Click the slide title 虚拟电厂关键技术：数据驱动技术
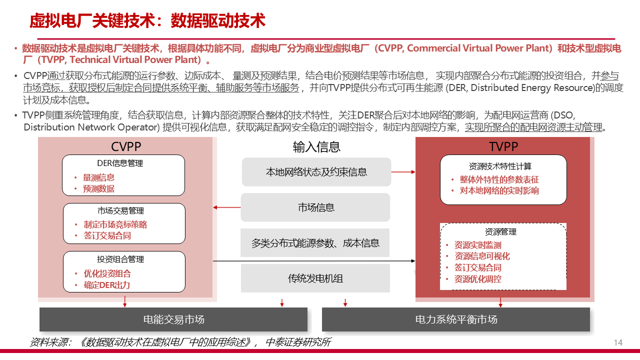(147, 21)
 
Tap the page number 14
(618, 342)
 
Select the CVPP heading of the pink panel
(126, 146)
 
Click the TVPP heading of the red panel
(503, 146)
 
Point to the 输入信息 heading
(316, 146)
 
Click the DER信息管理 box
(123, 175)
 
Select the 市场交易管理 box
(124, 223)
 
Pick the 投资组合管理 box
(124, 271)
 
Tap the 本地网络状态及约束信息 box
(316, 172)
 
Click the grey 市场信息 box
(315, 207)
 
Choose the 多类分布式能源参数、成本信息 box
(315, 243)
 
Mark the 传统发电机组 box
(315, 278)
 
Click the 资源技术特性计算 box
(503, 179)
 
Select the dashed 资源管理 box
(503, 256)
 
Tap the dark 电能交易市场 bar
(173, 319)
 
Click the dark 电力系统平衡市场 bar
(456, 319)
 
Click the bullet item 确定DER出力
(106, 285)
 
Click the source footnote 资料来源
(180, 342)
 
